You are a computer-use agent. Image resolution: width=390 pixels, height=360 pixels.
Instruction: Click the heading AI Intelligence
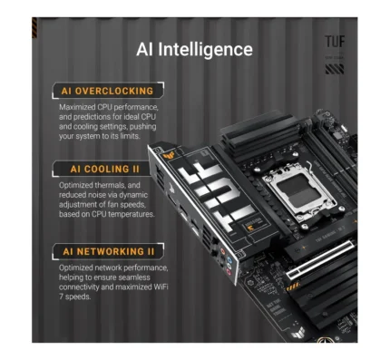(194, 49)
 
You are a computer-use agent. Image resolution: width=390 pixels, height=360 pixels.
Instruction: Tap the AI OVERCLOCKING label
(107, 91)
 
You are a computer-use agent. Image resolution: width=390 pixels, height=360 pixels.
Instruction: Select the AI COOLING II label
(105, 169)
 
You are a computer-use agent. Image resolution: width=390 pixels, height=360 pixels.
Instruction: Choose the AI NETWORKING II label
(109, 251)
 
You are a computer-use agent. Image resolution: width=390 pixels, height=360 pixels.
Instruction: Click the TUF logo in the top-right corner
(335, 42)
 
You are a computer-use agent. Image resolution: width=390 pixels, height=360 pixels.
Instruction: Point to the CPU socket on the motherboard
(300, 190)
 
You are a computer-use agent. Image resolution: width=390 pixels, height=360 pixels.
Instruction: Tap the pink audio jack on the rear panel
(229, 272)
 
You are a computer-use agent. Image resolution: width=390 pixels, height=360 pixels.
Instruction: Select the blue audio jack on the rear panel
(229, 260)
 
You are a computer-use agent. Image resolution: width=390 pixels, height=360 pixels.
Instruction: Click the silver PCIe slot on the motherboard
(320, 260)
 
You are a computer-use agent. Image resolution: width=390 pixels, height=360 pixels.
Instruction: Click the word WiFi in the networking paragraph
(160, 287)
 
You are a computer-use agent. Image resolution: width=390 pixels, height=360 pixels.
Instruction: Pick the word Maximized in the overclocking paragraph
(77, 107)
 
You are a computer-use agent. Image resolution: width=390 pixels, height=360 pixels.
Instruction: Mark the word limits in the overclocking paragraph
(131, 136)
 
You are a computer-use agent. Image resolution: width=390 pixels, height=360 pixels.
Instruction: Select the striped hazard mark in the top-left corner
(34, 28)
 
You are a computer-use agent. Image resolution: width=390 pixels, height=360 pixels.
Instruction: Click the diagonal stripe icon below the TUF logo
(335, 69)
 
